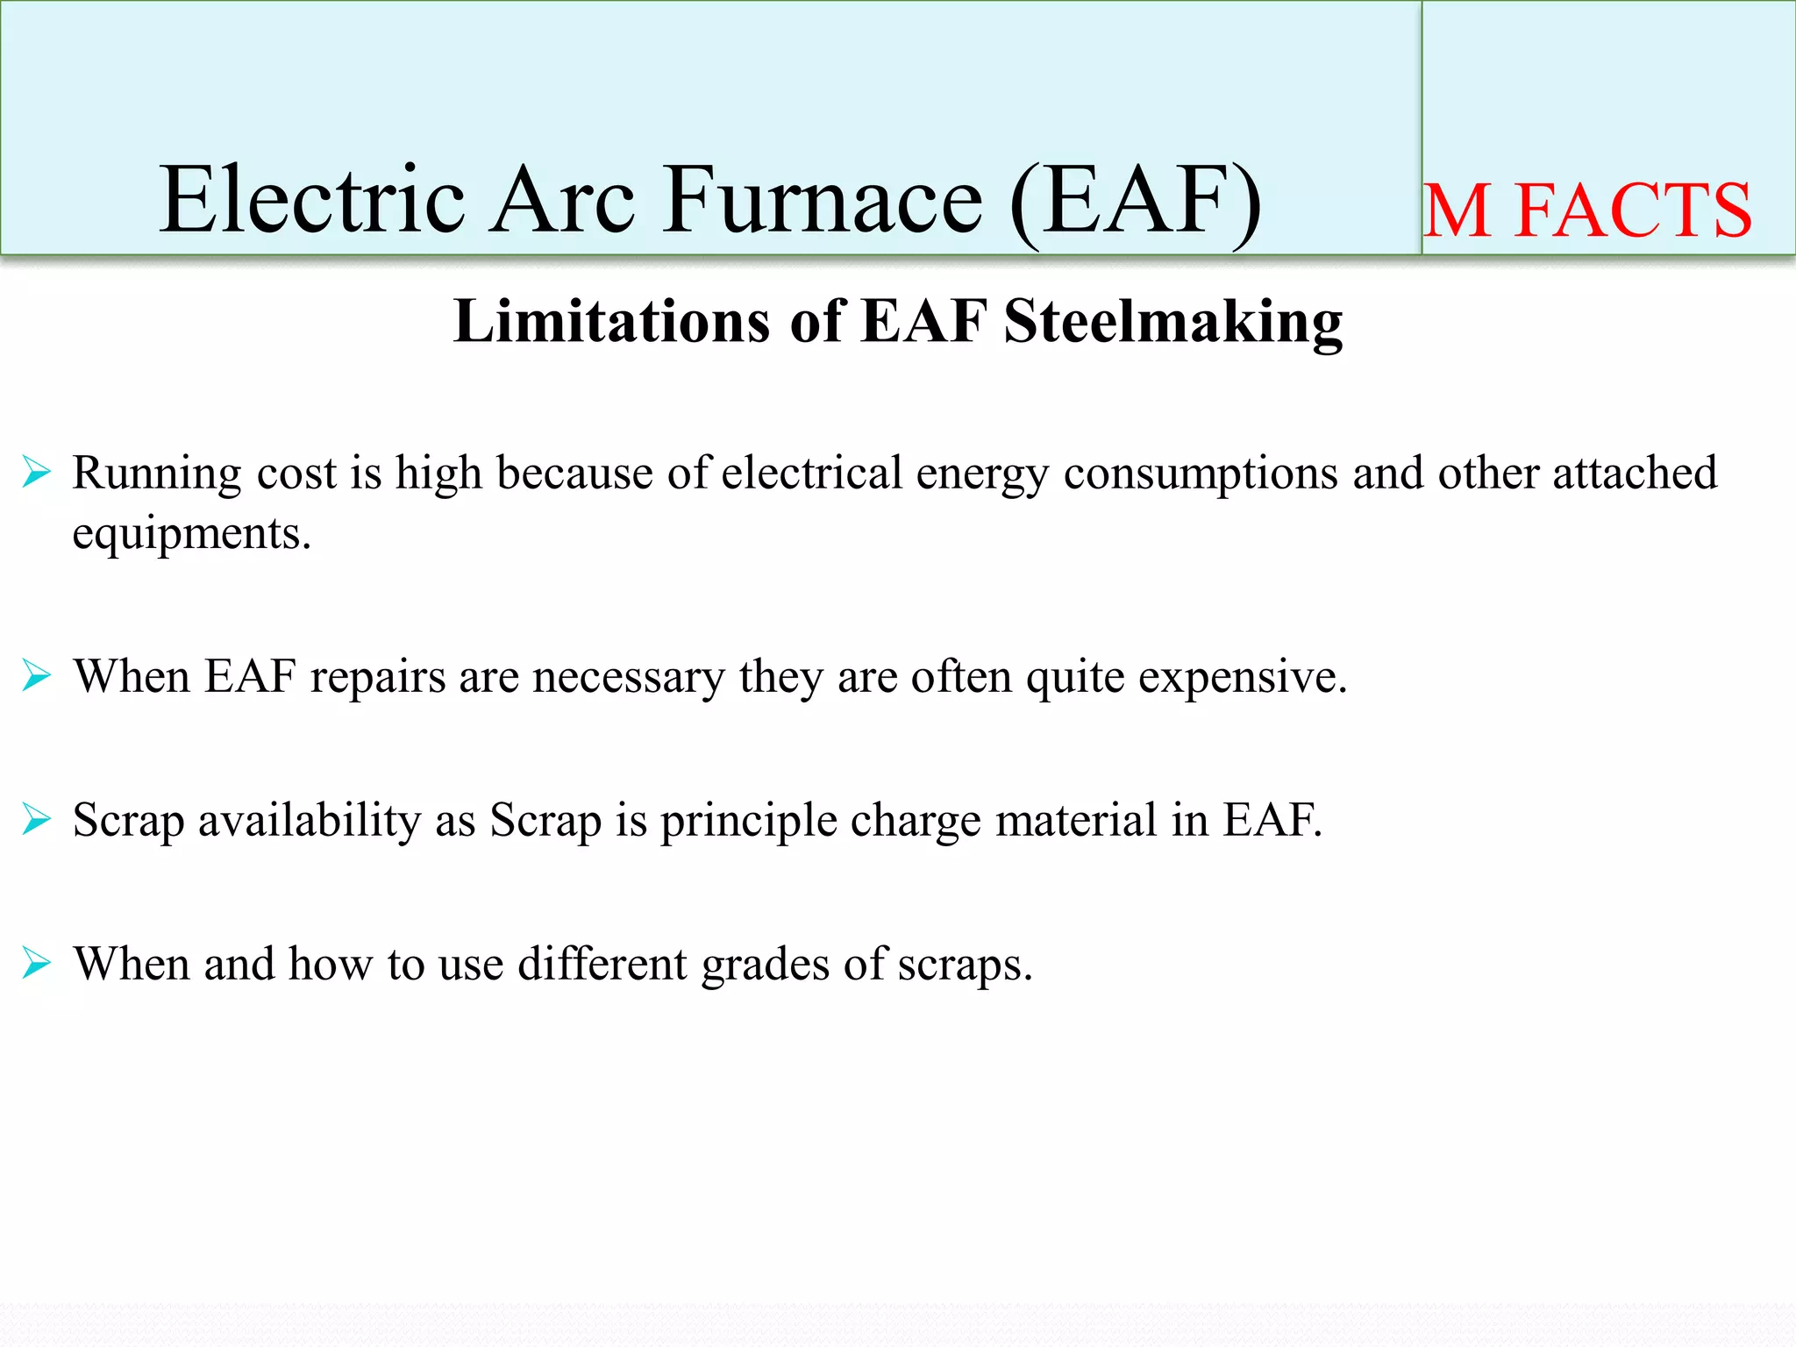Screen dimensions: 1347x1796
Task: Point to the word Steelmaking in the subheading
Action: click(x=1172, y=323)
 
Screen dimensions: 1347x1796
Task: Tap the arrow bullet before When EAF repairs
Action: click(x=37, y=676)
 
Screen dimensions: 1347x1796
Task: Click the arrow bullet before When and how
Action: click(x=37, y=963)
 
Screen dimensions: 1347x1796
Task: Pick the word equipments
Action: click(x=191, y=534)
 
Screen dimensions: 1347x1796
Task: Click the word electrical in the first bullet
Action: click(x=811, y=474)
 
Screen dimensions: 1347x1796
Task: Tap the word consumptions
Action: click(x=1201, y=474)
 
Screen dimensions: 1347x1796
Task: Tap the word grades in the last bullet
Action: click(x=765, y=965)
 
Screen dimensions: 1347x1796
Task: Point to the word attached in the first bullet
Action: click(x=1635, y=474)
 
